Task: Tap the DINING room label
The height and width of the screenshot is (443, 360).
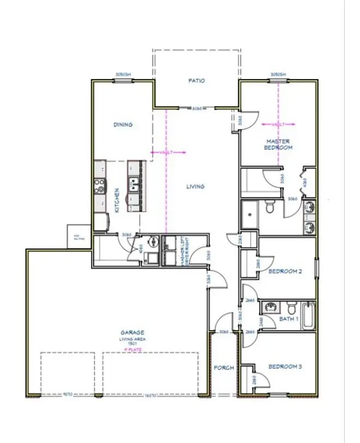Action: pos(123,125)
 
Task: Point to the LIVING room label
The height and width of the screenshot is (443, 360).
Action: pos(195,187)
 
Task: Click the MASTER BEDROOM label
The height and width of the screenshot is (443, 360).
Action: pos(278,144)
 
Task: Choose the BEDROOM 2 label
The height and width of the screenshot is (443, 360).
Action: pos(285,271)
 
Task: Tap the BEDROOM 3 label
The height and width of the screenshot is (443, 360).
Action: pos(285,367)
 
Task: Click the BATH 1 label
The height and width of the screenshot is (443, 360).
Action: pos(289,319)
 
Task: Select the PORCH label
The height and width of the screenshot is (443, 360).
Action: pos(224,368)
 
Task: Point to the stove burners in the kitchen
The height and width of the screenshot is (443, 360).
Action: pos(100,186)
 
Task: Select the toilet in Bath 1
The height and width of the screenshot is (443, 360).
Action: pos(291,305)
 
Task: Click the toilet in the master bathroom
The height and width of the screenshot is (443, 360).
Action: pos(269,207)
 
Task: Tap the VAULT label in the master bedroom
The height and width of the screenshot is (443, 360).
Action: pos(278,125)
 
